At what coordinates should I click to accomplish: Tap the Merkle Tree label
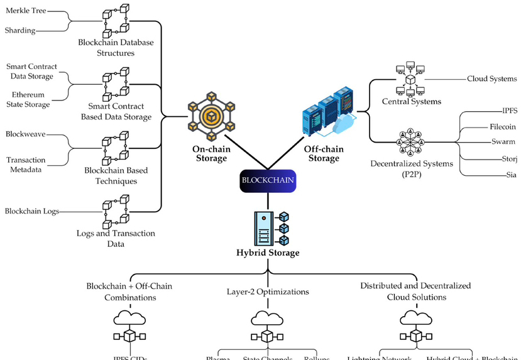click(25, 11)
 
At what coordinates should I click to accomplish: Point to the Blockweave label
click(25, 134)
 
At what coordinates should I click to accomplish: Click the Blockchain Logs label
click(32, 211)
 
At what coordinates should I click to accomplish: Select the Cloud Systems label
click(491, 79)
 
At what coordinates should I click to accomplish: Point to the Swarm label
click(503, 142)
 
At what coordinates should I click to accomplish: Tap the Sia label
click(510, 175)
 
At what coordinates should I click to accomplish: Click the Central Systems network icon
click(411, 78)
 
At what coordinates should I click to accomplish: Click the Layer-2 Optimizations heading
click(268, 292)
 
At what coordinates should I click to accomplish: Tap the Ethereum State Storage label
click(29, 99)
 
